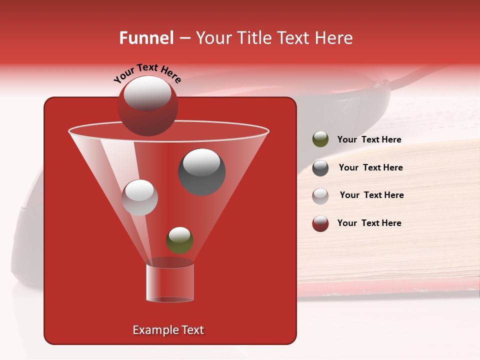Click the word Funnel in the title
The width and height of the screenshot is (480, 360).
[146, 38]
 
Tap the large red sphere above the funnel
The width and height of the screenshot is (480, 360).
[147, 106]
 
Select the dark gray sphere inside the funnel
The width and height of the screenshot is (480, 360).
[202, 172]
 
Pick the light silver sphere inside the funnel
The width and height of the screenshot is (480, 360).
[140, 197]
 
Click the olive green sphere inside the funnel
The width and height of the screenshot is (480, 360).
[179, 240]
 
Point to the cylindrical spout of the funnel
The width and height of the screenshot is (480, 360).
[169, 283]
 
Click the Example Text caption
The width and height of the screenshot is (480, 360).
[168, 330]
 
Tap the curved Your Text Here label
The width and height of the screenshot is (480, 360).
[147, 72]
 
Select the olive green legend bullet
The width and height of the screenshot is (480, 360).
[320, 139]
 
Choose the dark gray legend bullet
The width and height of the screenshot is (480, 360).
[320, 168]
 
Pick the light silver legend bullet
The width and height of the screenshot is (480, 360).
[320, 195]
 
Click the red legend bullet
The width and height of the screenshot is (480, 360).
[320, 223]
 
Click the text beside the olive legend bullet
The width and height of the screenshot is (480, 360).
[369, 140]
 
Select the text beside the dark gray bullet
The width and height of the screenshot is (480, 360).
[370, 168]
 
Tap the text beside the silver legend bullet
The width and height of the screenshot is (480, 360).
[371, 195]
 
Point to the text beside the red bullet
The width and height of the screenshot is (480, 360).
[369, 223]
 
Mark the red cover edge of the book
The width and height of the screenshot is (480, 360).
[380, 287]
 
